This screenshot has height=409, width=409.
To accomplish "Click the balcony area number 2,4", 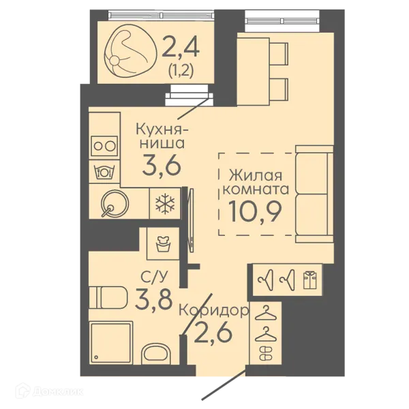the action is pos(181,47).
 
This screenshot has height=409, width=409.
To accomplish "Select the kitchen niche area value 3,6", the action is pos(162,166).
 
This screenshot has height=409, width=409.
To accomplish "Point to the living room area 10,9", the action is pos(255,211).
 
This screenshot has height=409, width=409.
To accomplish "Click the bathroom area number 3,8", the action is pos(153,299).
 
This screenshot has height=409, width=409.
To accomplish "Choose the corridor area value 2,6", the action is pos(213,333).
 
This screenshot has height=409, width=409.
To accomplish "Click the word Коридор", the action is pos(214,311).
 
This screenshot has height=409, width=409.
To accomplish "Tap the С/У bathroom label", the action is pos(153,277).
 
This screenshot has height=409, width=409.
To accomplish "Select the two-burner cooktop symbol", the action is pos(104,146).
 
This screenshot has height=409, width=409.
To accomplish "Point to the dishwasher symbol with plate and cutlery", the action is pos(104,172).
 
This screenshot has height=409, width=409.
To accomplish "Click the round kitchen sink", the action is pos(115,204).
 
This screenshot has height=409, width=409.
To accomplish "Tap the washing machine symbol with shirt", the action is pos(163,243).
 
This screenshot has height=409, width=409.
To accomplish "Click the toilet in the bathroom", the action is pos(108,297).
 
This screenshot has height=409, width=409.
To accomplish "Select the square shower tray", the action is pos(111,343).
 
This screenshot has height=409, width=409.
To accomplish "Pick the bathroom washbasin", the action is pos(155,354).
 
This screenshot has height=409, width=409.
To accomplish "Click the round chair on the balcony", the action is pos(130,50).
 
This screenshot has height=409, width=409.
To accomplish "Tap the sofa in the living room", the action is pos(314,194).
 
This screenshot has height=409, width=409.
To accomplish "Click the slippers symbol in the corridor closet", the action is pos(266,353).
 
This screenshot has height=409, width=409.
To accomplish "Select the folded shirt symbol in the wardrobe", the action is pos(309,279).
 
